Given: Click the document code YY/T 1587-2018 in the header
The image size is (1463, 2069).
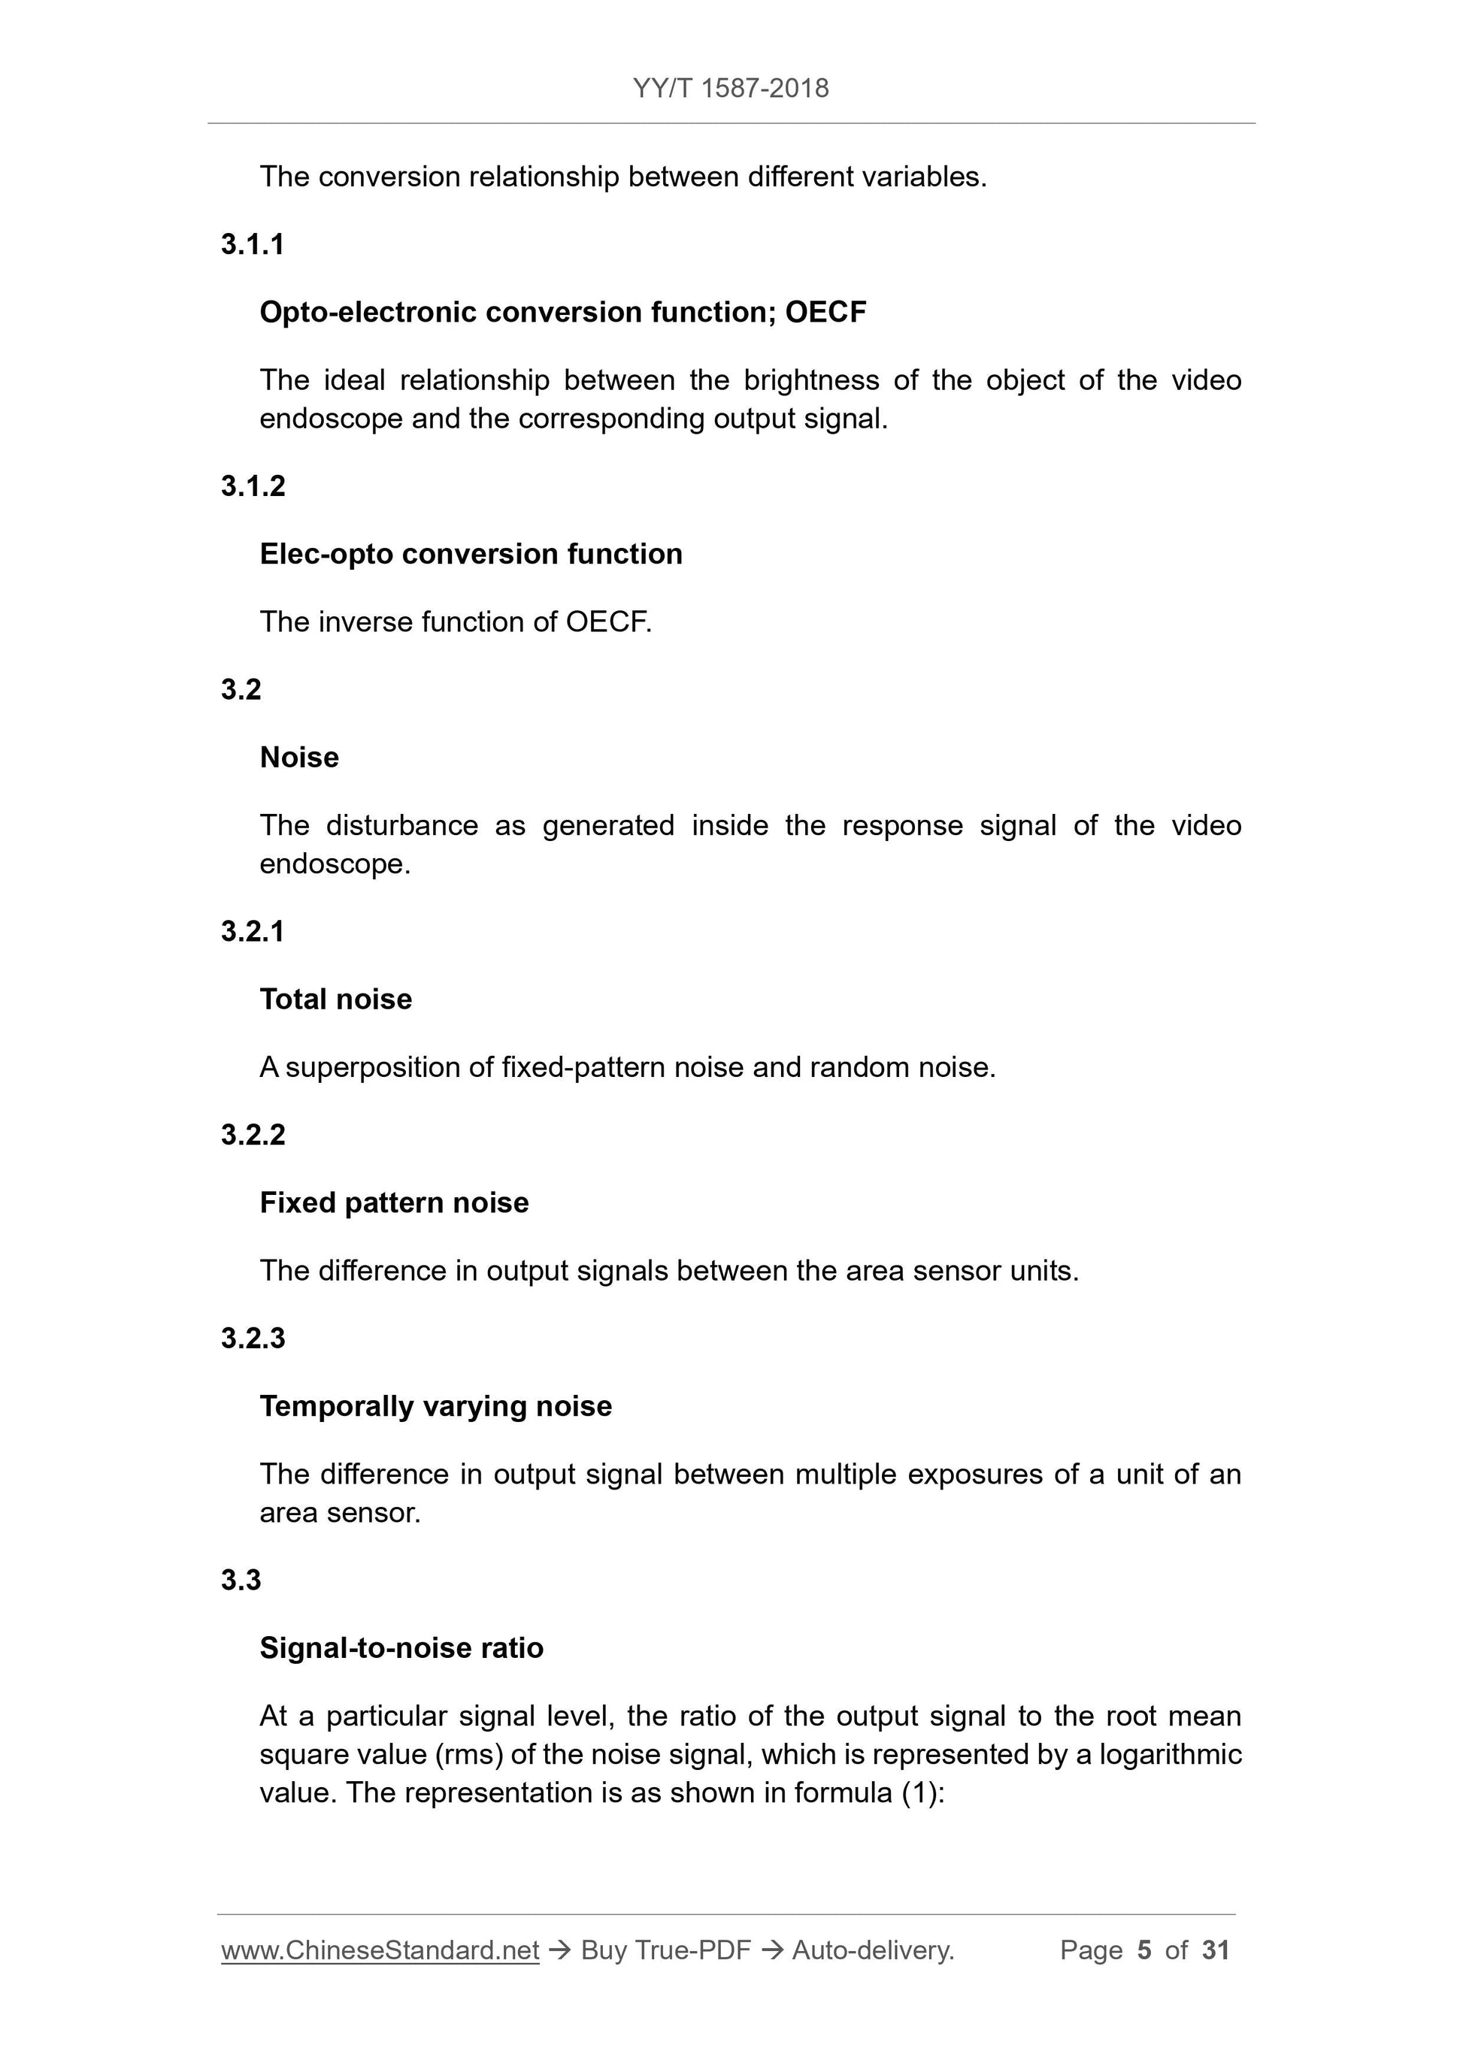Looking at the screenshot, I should [x=730, y=89].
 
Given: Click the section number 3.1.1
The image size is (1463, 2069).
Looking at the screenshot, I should [x=253, y=244].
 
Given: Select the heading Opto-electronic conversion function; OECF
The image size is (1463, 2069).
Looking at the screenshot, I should [x=562, y=312].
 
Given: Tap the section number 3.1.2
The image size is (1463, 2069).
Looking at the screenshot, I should [x=253, y=485].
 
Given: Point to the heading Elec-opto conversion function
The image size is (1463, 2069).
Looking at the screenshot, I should [x=471, y=553].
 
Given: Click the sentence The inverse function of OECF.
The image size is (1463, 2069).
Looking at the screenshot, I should [x=456, y=622].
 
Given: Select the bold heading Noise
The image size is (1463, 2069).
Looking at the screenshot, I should [x=299, y=757].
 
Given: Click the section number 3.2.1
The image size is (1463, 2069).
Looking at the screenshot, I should [x=253, y=931].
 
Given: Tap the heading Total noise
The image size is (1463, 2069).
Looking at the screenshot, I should [x=335, y=999].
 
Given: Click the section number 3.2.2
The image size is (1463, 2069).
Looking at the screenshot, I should [x=253, y=1135].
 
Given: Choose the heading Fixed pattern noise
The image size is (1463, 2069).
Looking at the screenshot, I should [x=394, y=1202].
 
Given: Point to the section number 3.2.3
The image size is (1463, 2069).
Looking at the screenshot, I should [x=253, y=1338].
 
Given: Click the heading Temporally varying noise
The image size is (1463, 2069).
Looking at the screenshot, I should [x=435, y=1406].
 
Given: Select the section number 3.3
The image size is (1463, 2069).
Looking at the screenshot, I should [x=241, y=1580].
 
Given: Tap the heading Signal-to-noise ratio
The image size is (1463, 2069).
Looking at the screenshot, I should [x=401, y=1647].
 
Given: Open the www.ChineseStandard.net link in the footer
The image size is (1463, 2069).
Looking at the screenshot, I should [x=380, y=1950].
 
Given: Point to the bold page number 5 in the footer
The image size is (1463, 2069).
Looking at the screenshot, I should [x=1144, y=1950].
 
